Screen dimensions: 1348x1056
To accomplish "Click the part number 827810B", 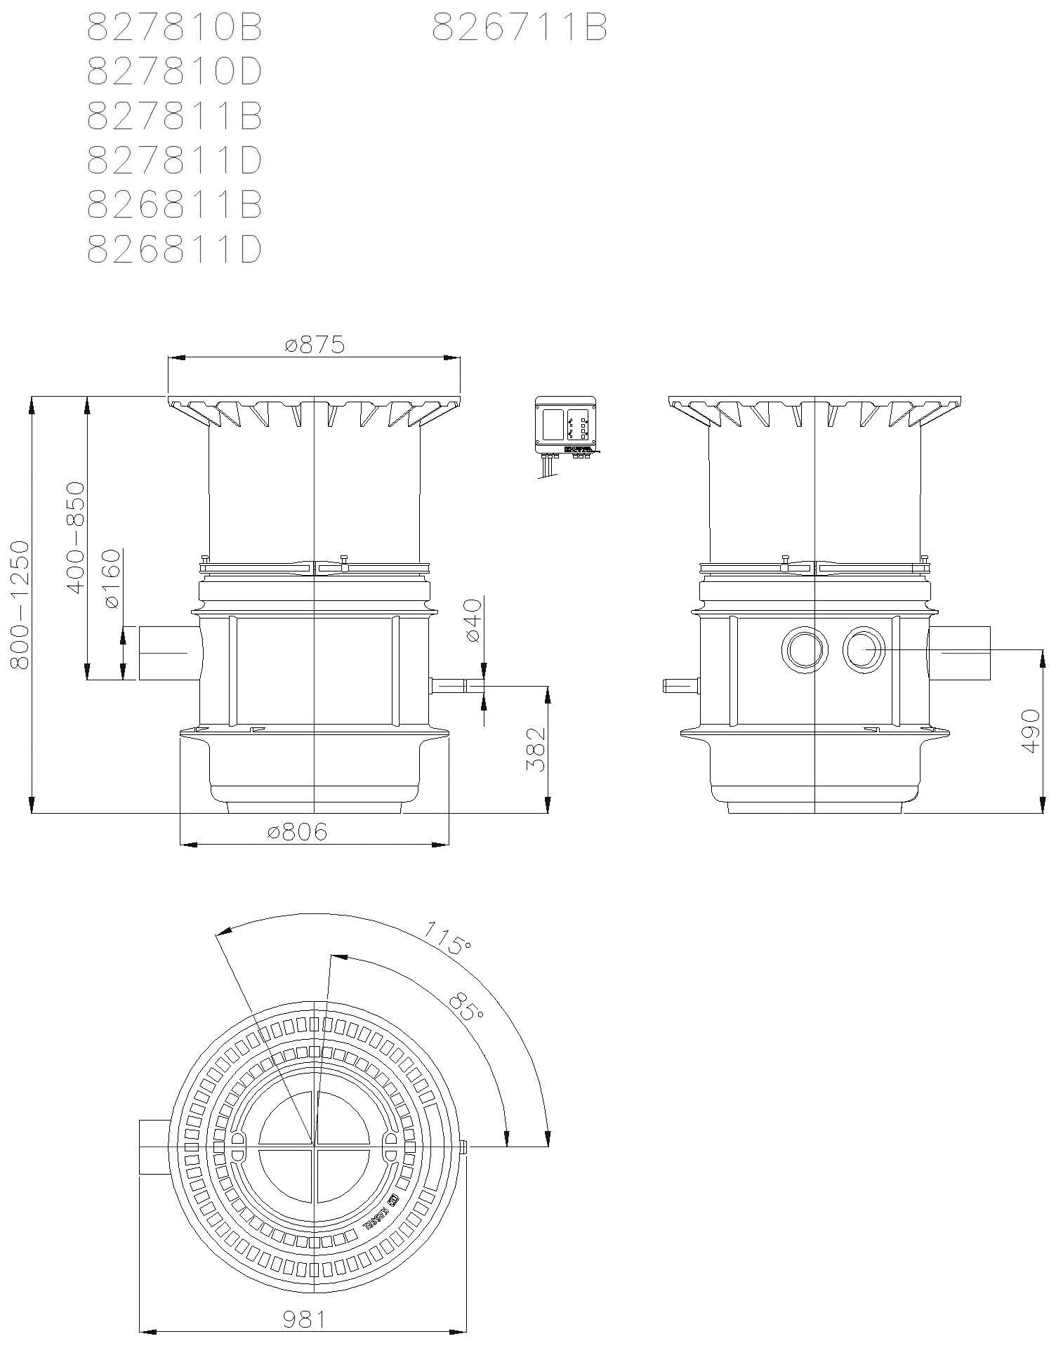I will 174,29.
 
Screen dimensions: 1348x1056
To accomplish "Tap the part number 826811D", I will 174,249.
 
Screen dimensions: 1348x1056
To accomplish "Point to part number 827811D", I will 174,161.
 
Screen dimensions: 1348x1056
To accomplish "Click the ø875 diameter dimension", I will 315,345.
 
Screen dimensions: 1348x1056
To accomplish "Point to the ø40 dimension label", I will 472,620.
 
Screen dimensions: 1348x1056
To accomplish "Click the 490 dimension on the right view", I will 1029,730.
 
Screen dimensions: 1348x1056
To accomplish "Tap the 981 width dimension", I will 303,1320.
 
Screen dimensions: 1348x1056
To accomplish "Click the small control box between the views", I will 565,426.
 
